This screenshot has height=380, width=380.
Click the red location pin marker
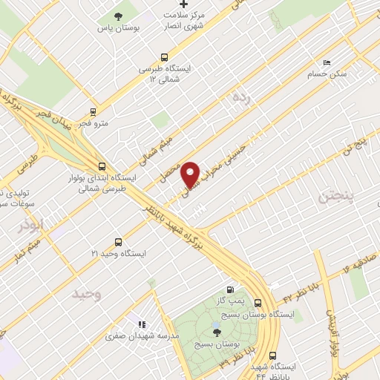(x=191, y=174)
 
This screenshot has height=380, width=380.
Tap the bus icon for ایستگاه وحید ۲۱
(x=119, y=242)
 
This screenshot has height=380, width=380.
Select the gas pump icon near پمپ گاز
(x=230, y=289)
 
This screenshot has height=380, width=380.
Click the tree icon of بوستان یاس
(x=119, y=16)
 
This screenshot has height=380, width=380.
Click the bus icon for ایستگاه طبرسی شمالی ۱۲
(x=165, y=56)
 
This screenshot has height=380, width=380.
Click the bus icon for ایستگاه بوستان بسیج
(x=258, y=303)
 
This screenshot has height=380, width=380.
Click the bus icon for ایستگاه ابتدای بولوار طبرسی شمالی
(x=102, y=167)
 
